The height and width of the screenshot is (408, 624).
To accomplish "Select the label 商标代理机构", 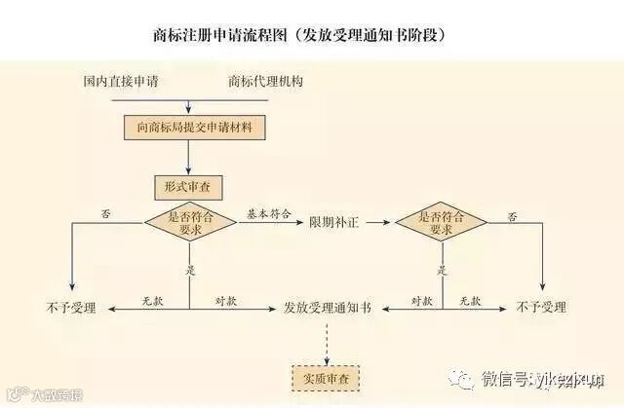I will click(265, 82).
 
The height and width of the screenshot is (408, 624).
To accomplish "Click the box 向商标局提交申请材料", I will click(195, 128).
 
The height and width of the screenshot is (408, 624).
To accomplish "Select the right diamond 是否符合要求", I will click(441, 223).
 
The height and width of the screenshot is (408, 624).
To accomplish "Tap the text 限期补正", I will click(334, 223).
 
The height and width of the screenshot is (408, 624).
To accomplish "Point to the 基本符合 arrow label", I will click(268, 213).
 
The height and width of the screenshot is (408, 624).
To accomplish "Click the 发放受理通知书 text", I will click(327, 308).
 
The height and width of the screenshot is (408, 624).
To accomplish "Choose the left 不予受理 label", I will click(71, 308).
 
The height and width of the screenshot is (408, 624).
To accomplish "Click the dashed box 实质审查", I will click(326, 376).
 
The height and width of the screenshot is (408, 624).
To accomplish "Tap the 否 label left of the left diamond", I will click(104, 213).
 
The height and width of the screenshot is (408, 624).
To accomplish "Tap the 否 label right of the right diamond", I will click(512, 213).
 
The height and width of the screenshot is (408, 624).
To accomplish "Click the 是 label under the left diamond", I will click(192, 269).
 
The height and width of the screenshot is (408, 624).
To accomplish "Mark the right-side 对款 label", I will click(421, 299).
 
